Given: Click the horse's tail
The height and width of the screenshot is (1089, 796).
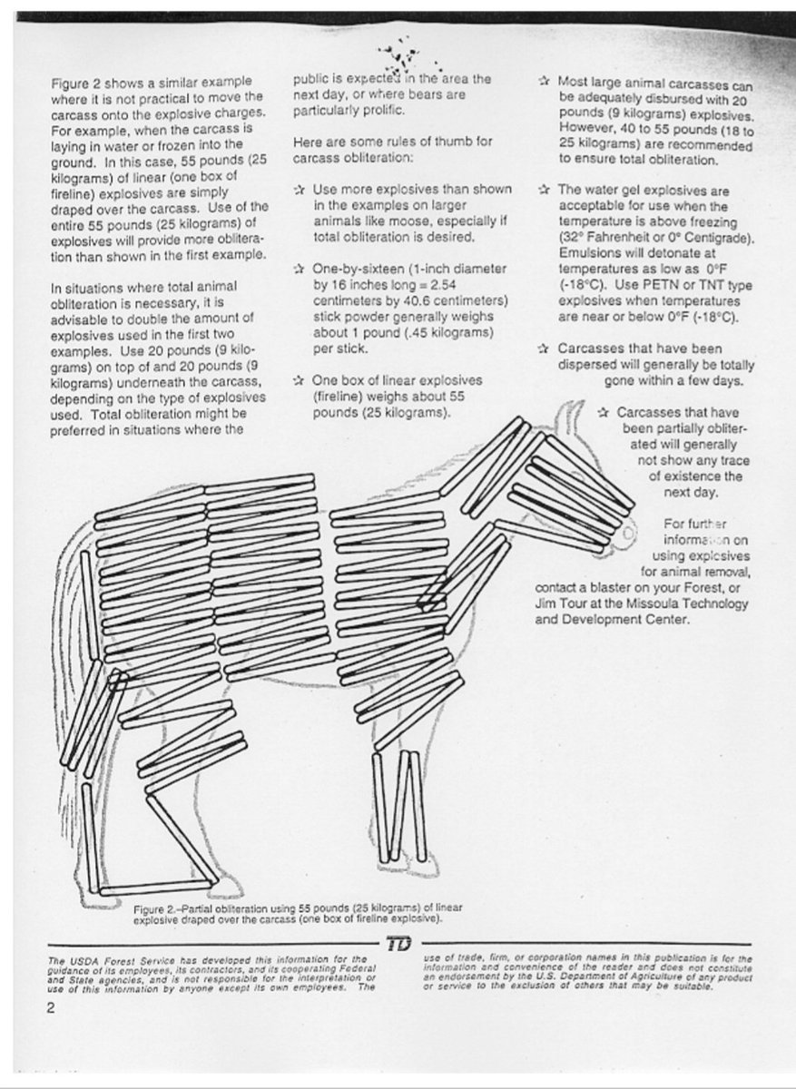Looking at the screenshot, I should (68, 653).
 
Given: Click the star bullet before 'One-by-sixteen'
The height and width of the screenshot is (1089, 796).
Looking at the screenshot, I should (300, 269).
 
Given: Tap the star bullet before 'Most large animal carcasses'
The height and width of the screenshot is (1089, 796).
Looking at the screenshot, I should (544, 81).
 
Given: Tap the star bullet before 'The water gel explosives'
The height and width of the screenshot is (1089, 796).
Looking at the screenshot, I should (544, 191).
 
